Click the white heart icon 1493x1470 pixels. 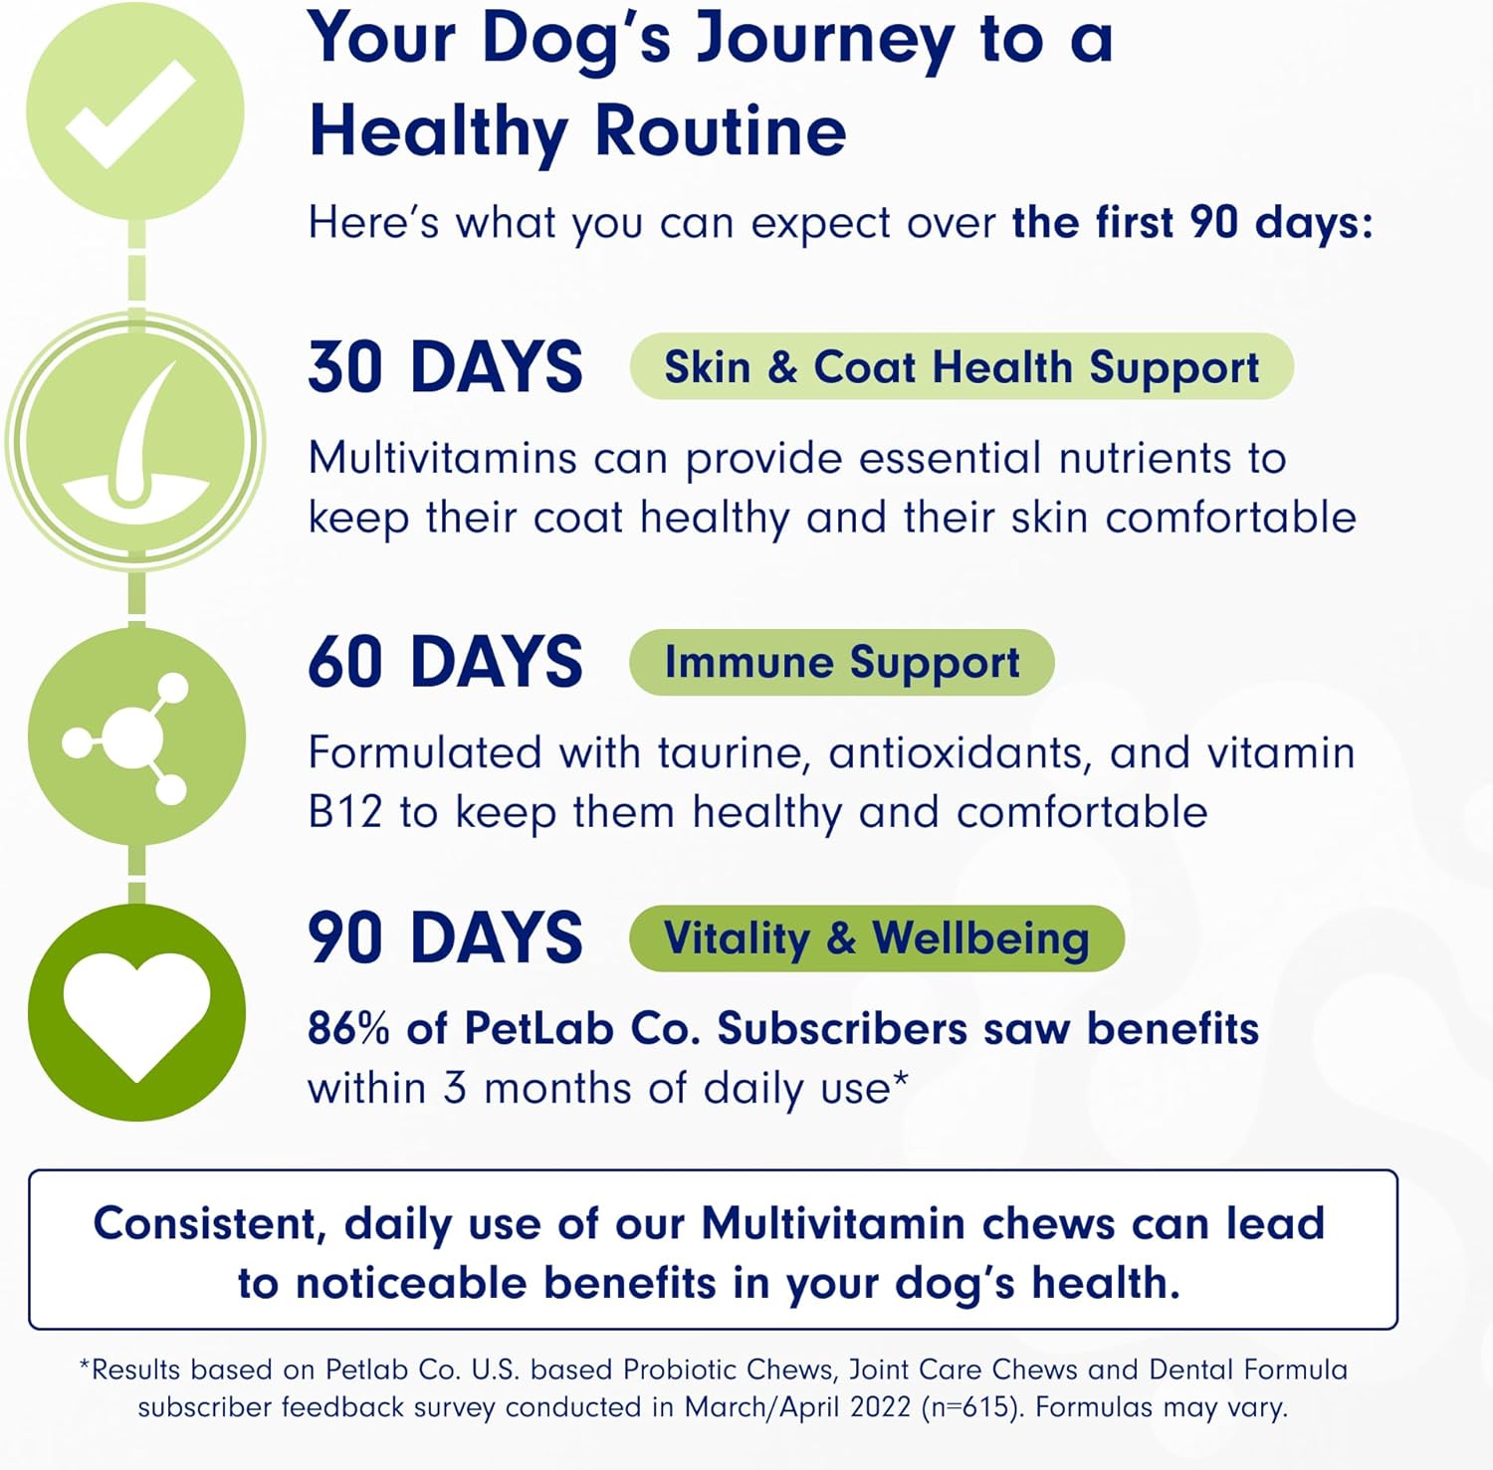[x=136, y=1012]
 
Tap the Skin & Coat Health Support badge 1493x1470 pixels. [x=960, y=367]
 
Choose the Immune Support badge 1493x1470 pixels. [x=841, y=663]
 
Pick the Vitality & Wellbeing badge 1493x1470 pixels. [x=876, y=939]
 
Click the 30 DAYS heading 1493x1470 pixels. [x=445, y=367]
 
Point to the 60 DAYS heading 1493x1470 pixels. [x=445, y=662]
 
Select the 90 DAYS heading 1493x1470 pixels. [x=445, y=938]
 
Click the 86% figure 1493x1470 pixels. [x=347, y=1028]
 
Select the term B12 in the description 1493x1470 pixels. [x=344, y=812]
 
